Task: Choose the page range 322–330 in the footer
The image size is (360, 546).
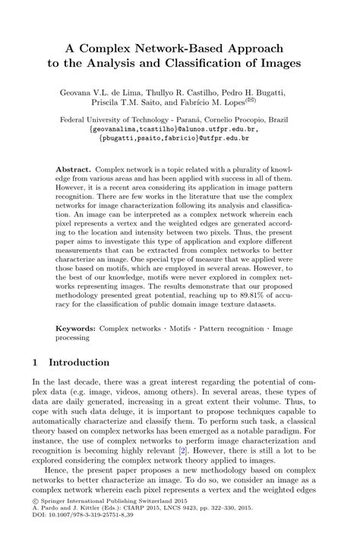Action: pyautogui.click(x=248, y=530)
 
